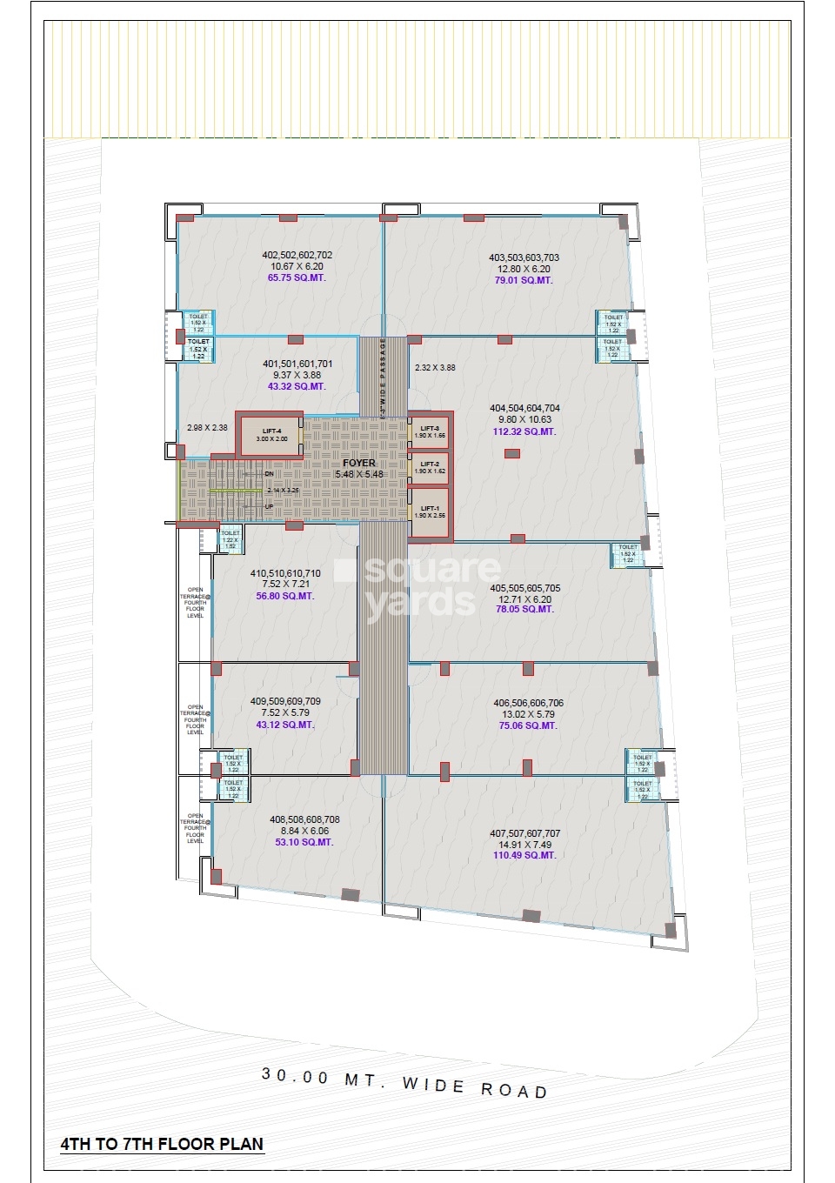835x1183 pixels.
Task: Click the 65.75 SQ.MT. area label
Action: point(297,278)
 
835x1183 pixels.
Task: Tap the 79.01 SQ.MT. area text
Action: point(524,281)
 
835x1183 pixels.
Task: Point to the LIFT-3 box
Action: point(430,431)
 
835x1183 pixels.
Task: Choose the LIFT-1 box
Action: point(430,511)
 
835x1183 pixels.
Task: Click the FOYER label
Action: point(359,463)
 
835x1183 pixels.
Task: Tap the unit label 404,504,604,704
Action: point(524,408)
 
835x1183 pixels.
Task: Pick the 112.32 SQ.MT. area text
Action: point(524,431)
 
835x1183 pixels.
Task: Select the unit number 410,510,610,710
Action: point(285,573)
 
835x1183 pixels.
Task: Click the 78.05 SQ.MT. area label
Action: point(524,610)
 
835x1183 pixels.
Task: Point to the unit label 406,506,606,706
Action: point(528,703)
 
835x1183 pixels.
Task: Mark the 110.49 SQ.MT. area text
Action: point(524,856)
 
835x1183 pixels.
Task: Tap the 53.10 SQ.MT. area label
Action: point(304,842)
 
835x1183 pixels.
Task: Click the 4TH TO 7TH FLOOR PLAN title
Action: point(162,1145)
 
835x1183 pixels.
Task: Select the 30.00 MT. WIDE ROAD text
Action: point(404,1083)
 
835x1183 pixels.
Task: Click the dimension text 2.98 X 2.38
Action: point(207,428)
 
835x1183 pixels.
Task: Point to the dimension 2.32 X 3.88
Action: point(435,368)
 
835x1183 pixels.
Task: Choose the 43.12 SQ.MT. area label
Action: point(285,725)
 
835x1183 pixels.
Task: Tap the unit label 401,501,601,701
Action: point(297,364)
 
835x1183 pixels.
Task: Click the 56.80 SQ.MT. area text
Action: point(285,596)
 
